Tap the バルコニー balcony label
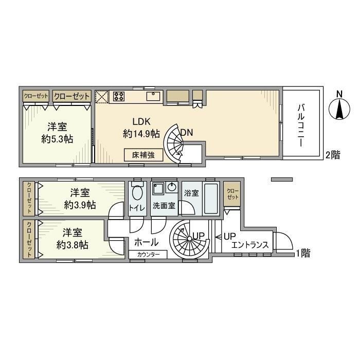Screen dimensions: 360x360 pyautogui.click(x=303, y=124)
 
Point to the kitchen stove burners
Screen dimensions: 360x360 pyautogui.click(x=119, y=96)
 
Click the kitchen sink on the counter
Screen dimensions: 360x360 pyautogui.click(x=154, y=96)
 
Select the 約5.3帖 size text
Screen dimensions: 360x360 pyautogui.click(x=58, y=139)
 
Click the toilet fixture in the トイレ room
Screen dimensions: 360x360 pyautogui.click(x=137, y=193)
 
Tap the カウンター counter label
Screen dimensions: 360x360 pyautogui.click(x=152, y=254)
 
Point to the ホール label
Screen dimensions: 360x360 pyautogui.click(x=146, y=242)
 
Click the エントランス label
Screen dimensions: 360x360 pyautogui.click(x=250, y=245)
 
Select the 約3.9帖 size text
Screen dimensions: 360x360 pyautogui.click(x=79, y=205)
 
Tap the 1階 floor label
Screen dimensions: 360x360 pyautogui.click(x=303, y=253)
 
